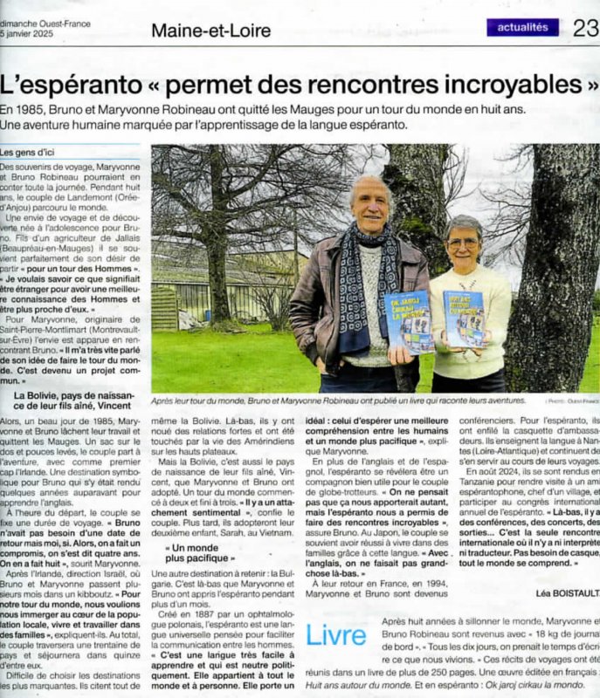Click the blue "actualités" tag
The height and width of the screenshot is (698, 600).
[x=522, y=27]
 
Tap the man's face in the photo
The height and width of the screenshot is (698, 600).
[x=373, y=204]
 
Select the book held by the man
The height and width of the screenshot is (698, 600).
[x=409, y=320]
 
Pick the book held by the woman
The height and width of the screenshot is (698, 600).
[x=464, y=318]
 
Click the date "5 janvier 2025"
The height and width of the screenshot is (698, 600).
[x=27, y=34]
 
